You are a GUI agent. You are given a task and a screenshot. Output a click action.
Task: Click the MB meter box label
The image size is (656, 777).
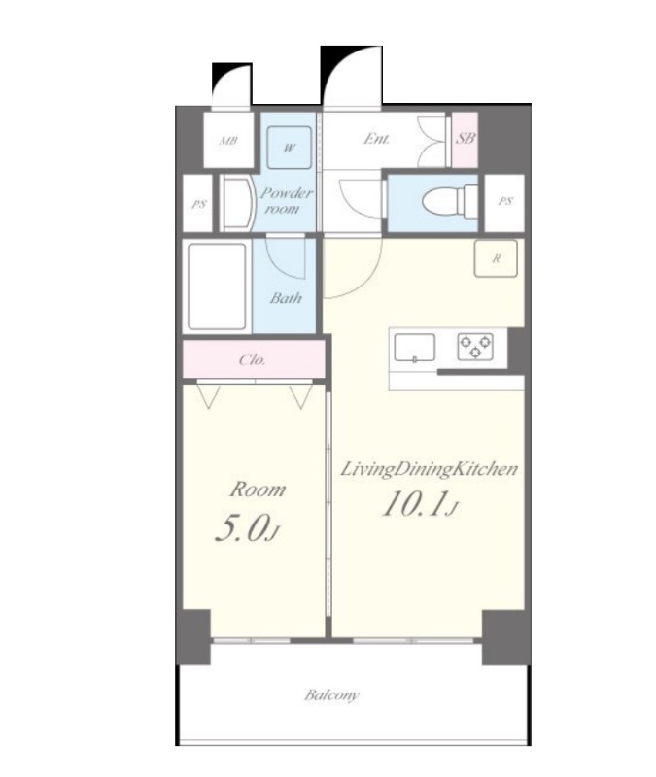click(228, 141)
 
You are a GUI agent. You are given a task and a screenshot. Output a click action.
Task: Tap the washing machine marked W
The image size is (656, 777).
click(290, 148)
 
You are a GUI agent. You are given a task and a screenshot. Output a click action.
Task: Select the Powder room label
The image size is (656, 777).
click(286, 201)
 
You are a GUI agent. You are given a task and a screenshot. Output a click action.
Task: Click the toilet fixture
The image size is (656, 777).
click(450, 201)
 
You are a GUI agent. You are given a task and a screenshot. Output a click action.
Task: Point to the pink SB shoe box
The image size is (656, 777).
click(466, 140)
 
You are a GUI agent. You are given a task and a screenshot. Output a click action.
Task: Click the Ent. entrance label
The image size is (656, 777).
click(376, 139)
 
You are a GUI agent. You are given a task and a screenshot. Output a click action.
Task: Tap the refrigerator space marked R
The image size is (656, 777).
click(496, 258)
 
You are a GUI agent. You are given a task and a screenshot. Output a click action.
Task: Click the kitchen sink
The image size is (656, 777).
click(415, 348)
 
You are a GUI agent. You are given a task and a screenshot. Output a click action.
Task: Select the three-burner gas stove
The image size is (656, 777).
click(475, 347)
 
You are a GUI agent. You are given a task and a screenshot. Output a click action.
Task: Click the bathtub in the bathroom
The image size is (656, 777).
click(217, 286)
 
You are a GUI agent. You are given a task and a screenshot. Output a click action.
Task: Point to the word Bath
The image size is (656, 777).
click(286, 298)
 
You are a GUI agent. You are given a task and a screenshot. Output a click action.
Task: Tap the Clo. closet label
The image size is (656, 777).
click(253, 359)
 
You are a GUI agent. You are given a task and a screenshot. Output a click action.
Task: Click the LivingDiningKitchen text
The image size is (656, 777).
click(429, 470)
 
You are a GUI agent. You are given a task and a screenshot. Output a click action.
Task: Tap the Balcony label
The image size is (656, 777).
click(331, 694)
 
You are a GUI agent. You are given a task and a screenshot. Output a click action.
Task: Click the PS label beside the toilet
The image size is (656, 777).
click(505, 201)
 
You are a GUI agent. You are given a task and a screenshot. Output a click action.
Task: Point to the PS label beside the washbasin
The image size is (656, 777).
click(199, 204)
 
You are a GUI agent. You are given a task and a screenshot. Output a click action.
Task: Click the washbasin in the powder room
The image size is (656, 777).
click(236, 204)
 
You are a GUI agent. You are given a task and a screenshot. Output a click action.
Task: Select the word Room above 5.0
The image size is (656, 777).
click(258, 490)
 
